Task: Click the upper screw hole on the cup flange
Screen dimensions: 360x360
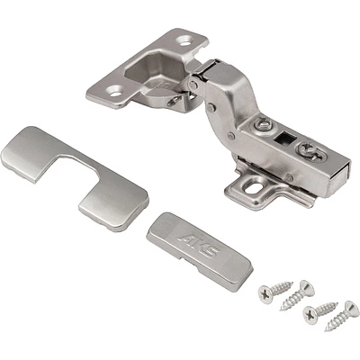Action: (185, 40)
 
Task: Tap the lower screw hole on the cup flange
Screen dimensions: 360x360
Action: (115, 91)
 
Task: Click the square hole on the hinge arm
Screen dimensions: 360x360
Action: (285, 138)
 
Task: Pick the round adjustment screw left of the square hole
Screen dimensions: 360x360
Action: (263, 125)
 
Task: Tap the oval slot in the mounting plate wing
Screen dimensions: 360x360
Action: (253, 188)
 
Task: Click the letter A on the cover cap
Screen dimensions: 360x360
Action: (186, 238)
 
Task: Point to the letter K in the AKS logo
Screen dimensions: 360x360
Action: (199, 246)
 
